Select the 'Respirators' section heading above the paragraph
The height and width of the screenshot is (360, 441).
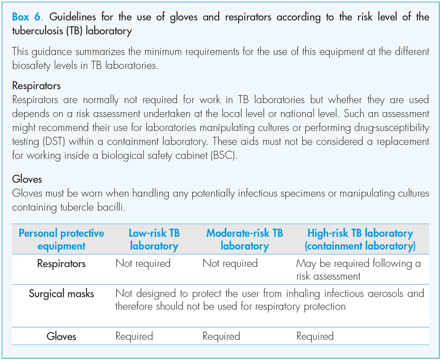36,85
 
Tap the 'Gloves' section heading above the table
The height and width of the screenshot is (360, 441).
27,178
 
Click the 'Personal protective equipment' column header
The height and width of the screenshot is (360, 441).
62,240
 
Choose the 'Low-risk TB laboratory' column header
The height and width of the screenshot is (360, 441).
154,240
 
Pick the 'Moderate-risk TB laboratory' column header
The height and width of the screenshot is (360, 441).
245,240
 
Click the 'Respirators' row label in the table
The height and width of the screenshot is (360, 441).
62,264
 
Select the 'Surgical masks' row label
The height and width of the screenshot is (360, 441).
62,294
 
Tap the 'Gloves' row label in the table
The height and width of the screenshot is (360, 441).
62,336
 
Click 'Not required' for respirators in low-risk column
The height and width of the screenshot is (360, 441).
143,264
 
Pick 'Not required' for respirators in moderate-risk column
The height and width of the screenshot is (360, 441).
230,264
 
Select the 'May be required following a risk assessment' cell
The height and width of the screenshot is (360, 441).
358,270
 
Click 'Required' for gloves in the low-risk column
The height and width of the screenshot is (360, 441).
134,336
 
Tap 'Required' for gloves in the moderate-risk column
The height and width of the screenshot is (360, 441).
221,336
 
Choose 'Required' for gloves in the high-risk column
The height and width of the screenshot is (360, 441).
315,336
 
